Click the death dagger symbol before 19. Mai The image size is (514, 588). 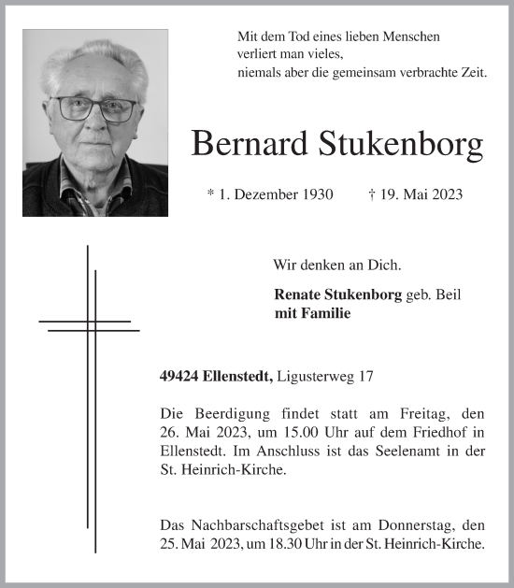pyautogui.click(x=373, y=194)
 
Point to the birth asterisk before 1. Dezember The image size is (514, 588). pyautogui.click(x=210, y=194)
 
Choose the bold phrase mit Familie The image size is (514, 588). pyautogui.click(x=312, y=313)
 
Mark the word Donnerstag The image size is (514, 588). pyautogui.click(x=416, y=526)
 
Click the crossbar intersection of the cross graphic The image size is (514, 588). pyautogui.click(x=91, y=325)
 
